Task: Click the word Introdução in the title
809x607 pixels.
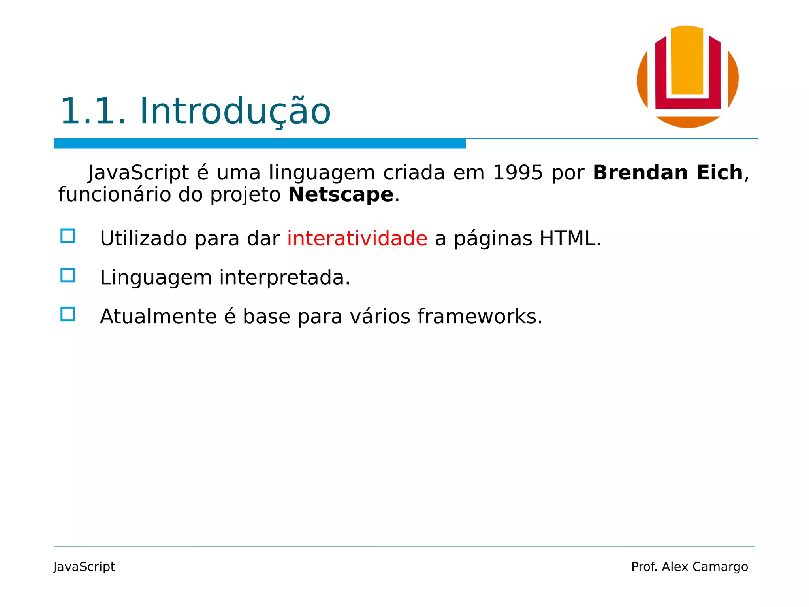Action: point(235,112)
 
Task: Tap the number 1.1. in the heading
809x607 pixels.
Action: point(93,112)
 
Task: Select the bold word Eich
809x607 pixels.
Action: point(719,173)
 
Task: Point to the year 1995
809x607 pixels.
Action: point(517,173)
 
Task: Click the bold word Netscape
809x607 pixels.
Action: point(341,195)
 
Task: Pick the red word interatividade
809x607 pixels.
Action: point(357,239)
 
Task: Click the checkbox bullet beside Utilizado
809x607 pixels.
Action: point(68,236)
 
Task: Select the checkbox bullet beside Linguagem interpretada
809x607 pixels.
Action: point(68,275)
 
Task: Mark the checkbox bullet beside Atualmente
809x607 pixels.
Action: point(68,314)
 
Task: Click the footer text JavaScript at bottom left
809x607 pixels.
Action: point(84,567)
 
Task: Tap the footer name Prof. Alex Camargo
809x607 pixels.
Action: point(689,567)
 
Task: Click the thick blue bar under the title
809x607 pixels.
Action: point(260,143)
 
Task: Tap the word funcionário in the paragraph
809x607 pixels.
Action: point(115,195)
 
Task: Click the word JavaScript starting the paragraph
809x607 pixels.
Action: point(138,173)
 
